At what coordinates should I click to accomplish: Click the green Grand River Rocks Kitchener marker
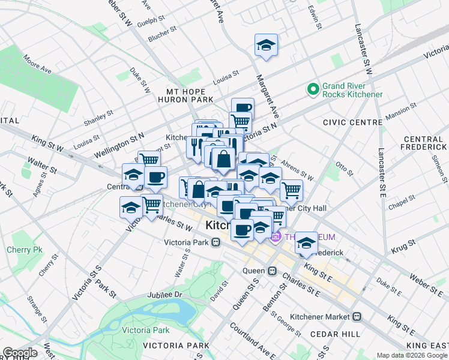(x=313, y=90)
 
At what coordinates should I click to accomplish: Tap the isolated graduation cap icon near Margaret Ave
(x=266, y=46)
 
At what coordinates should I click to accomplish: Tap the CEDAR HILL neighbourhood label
(x=335, y=334)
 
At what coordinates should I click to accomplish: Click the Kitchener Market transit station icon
(x=357, y=316)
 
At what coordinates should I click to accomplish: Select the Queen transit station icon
(x=271, y=271)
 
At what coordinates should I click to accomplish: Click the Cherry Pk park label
(x=20, y=250)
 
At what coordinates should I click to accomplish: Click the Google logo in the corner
(x=20, y=353)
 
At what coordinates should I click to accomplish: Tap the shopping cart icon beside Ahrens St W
(x=291, y=190)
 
